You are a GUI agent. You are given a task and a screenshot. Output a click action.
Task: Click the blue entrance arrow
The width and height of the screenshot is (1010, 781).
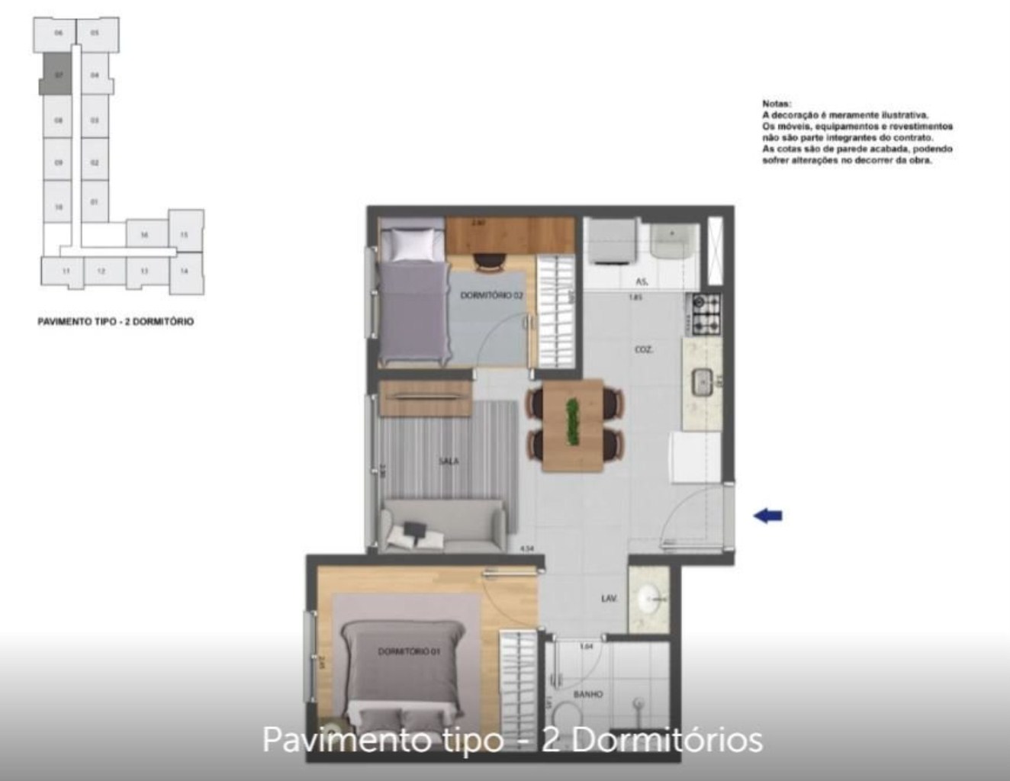(x=768, y=516)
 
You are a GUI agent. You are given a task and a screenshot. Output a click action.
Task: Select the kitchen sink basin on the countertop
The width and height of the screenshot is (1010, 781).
(x=702, y=381)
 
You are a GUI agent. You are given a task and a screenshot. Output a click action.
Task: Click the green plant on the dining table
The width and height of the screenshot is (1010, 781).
(x=572, y=423)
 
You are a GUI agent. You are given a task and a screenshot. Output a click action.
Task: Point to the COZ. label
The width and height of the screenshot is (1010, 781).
(x=643, y=350)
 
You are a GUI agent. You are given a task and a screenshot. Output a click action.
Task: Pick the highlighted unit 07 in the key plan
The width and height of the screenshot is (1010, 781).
(x=57, y=74)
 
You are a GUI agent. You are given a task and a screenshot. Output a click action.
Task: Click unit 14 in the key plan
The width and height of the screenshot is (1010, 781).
(x=185, y=272)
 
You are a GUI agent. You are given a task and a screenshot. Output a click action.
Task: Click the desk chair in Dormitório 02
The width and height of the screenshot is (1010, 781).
(x=488, y=262)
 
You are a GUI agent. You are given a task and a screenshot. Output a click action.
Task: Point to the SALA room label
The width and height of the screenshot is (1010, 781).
(x=449, y=461)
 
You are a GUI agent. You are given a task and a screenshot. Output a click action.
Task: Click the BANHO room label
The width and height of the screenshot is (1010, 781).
(x=587, y=694)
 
